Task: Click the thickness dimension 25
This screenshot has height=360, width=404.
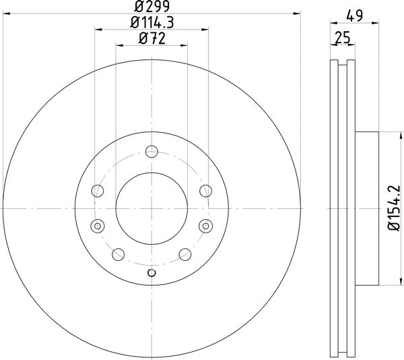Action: (342, 38)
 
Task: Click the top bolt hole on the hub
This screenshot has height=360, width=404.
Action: (151, 152)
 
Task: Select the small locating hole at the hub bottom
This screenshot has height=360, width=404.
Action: (151, 272)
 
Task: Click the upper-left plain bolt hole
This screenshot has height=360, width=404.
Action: (99, 190)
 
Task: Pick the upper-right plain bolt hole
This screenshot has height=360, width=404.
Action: (203, 190)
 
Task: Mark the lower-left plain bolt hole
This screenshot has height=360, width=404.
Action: (119, 254)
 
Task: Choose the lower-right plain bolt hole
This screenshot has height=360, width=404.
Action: (183, 254)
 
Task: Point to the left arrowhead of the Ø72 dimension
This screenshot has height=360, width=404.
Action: (119, 45)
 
